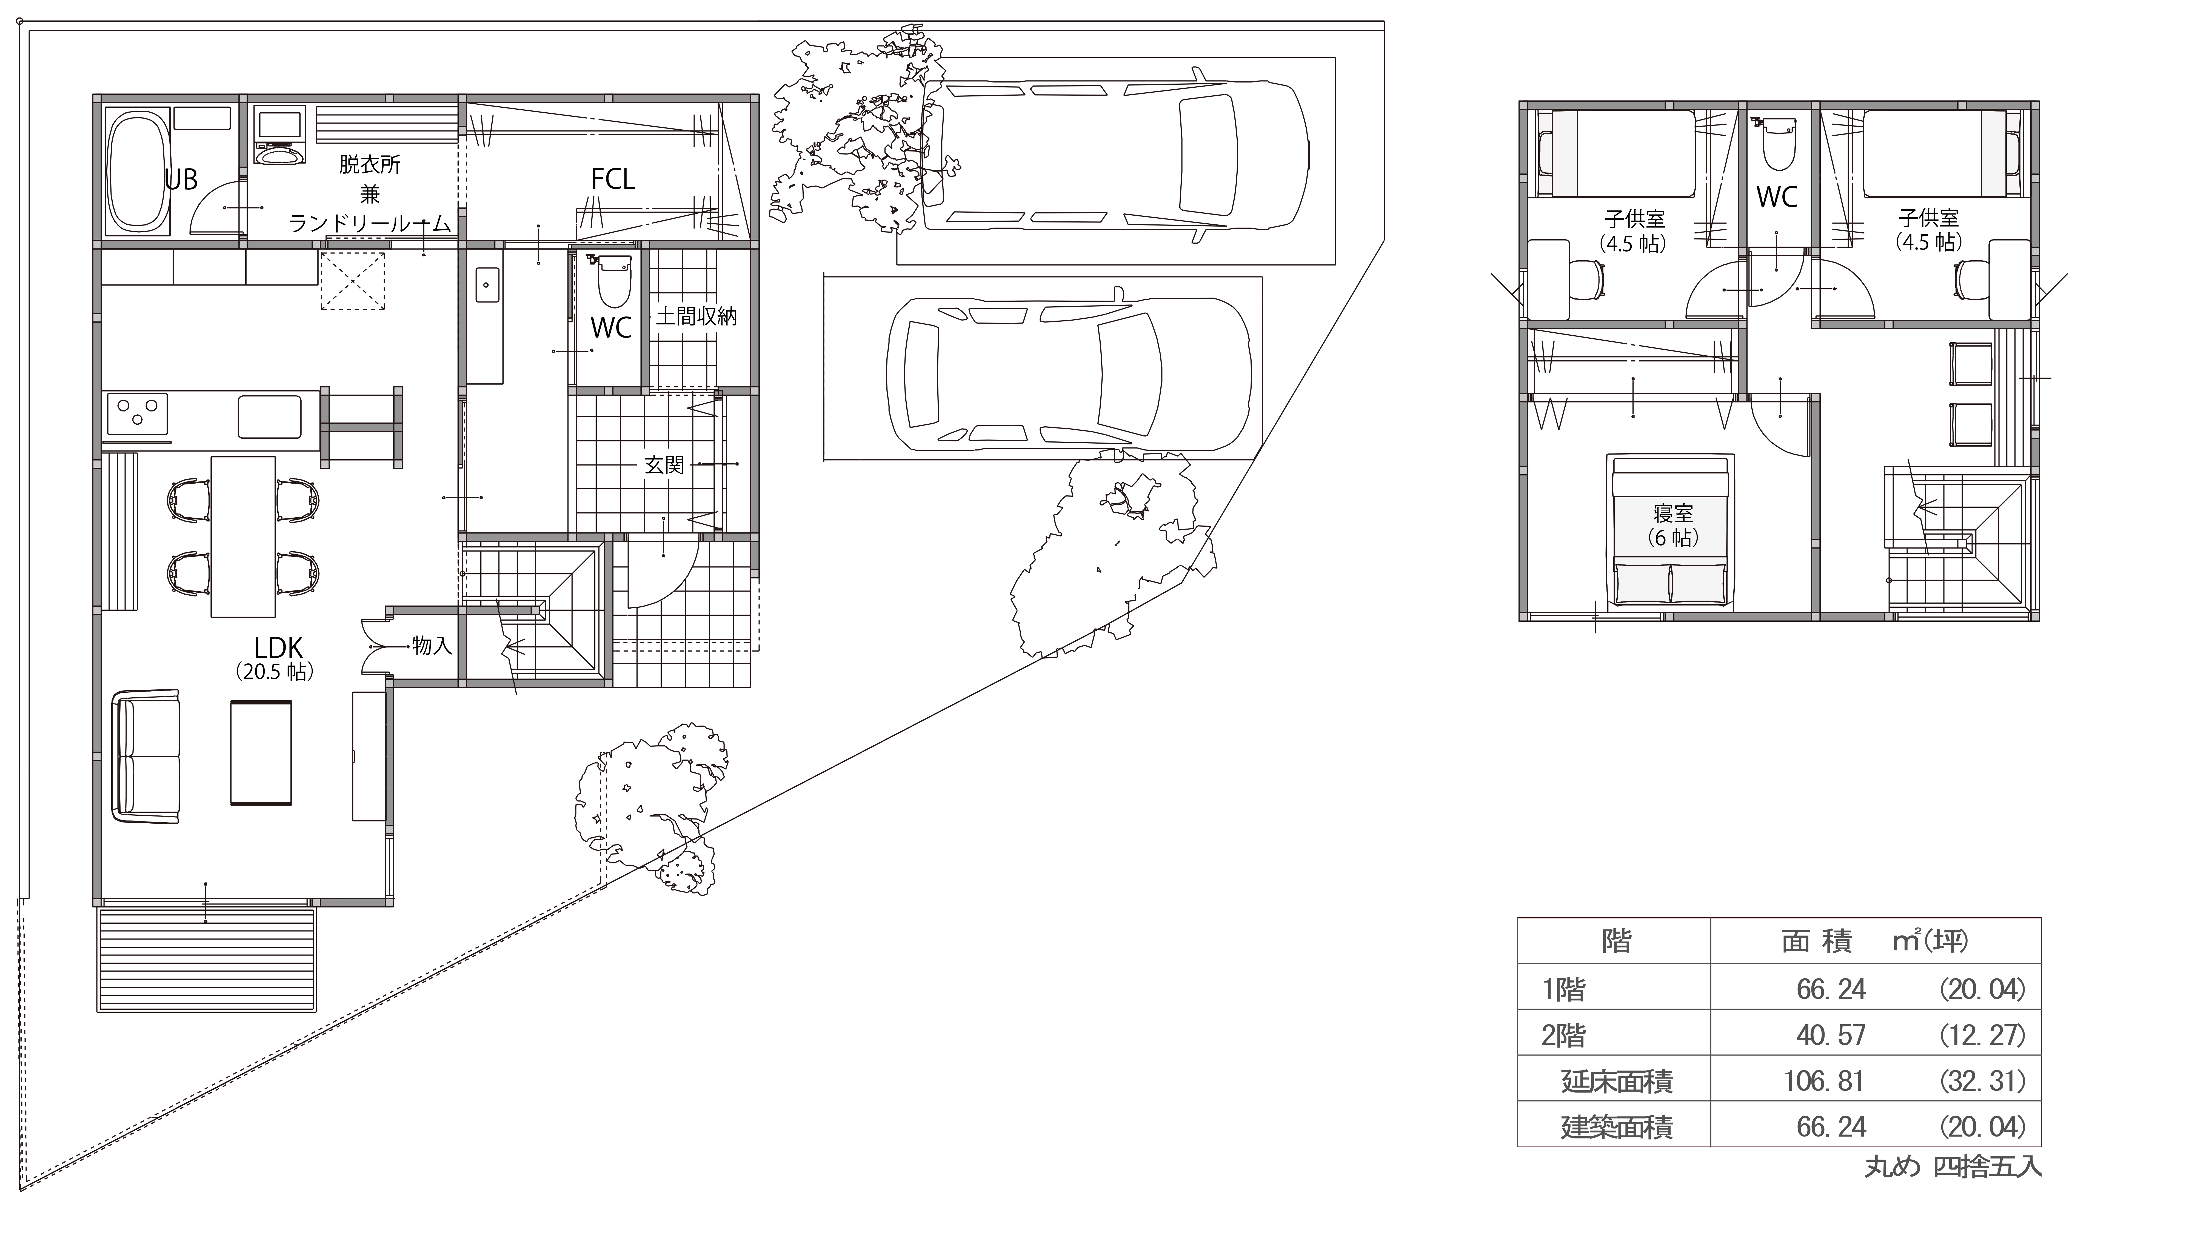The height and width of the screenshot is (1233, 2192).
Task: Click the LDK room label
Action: pos(278,648)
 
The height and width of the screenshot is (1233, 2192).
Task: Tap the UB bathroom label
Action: pos(181,179)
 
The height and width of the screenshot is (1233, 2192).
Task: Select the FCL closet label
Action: pos(613,179)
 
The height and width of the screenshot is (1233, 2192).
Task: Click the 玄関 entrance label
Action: pos(664,466)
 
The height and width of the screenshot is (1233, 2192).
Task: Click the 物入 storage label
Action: pos(432,646)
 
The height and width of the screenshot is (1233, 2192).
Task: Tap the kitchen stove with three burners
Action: pos(136,417)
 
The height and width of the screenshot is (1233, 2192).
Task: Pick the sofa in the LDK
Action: pos(146,757)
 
